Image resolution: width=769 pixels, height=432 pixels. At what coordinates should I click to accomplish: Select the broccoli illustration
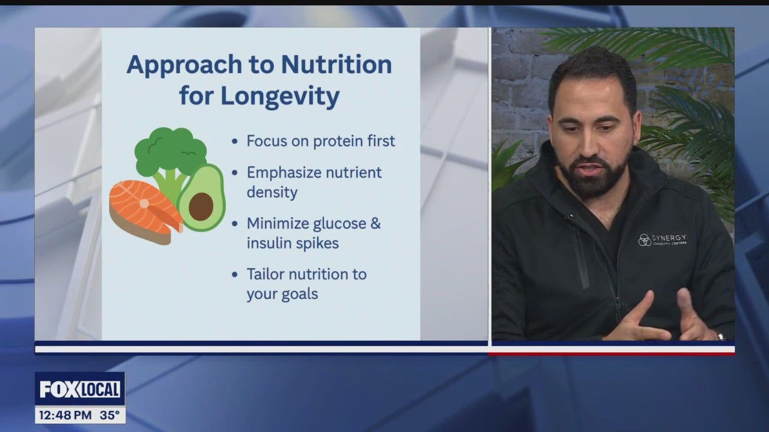(x=170, y=153)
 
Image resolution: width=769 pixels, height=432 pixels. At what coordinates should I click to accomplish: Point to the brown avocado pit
(x=201, y=205)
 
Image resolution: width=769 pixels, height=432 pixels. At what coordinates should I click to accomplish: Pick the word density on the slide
(x=272, y=192)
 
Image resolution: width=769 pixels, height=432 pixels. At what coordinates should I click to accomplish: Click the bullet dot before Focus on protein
(x=235, y=142)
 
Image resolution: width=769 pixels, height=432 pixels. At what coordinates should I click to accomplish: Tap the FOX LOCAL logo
(x=80, y=389)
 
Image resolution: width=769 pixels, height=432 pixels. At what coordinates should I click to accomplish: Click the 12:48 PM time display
(x=64, y=415)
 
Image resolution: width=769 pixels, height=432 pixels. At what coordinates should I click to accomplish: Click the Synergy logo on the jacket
(x=661, y=239)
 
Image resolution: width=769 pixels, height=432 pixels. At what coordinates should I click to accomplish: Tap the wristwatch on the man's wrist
(x=720, y=336)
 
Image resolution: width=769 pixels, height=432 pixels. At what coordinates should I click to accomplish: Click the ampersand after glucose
(x=375, y=224)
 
